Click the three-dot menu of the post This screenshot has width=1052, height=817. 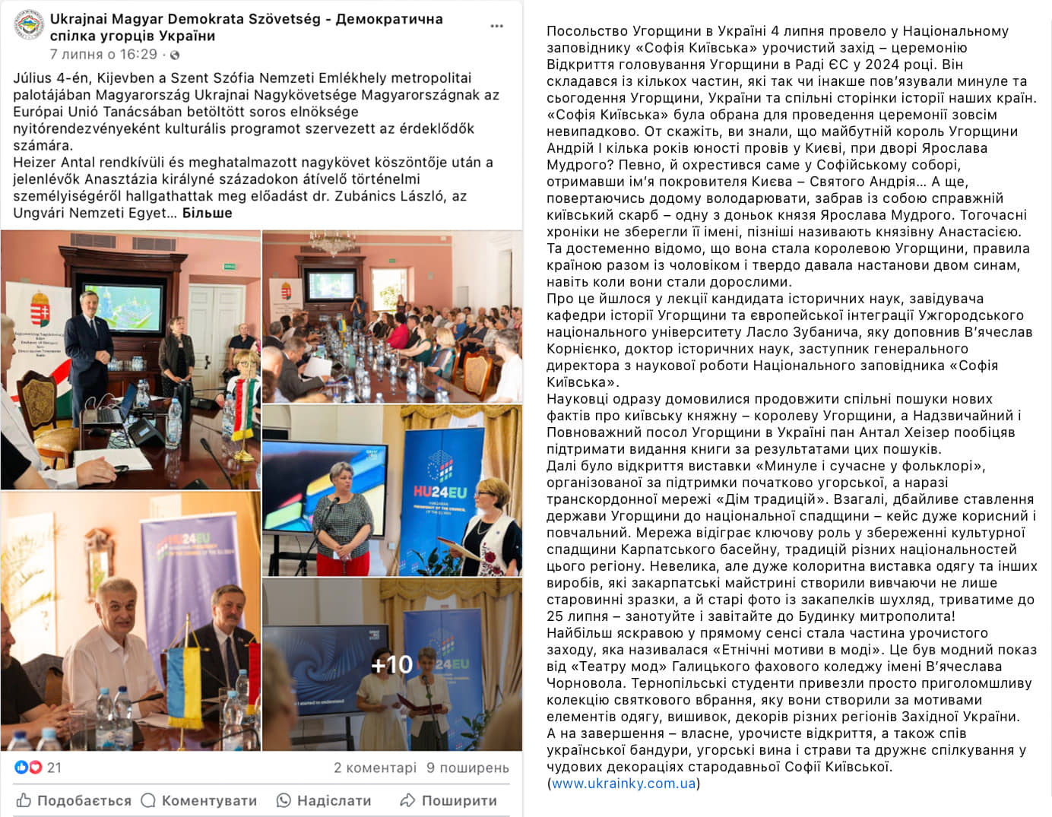pos(496,26)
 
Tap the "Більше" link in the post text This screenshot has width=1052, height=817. pos(207,213)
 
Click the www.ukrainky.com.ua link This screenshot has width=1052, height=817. pos(623,784)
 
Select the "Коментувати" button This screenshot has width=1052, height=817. pos(199,800)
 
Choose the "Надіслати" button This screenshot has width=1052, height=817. pos(324,800)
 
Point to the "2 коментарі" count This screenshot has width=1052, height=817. pos(375,768)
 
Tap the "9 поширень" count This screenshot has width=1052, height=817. pos(467,768)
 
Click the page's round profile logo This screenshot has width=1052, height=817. pos(29,25)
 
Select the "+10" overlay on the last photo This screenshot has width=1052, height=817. pos(392,665)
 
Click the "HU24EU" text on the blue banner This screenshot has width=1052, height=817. pos(439,492)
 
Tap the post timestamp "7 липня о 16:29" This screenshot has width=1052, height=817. pos(103,55)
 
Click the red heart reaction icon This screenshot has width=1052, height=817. pos(35,768)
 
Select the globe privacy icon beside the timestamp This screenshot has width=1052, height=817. pos(175,55)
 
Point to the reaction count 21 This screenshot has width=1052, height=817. pos(54,768)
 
